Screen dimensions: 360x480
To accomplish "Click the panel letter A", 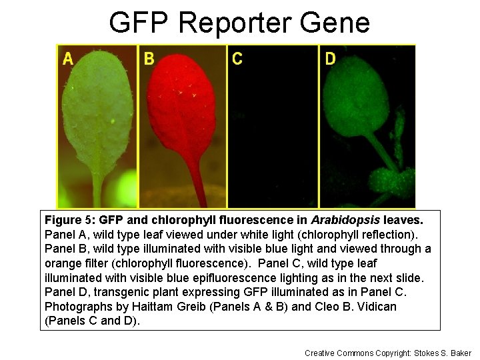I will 68,59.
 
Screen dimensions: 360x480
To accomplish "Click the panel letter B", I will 149,59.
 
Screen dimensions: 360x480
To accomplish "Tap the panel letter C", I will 237,59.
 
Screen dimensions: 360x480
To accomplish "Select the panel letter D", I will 330,59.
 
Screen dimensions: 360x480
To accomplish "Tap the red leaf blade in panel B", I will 181,107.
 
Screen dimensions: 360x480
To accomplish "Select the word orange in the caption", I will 63,263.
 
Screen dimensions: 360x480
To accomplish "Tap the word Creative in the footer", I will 319,353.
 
